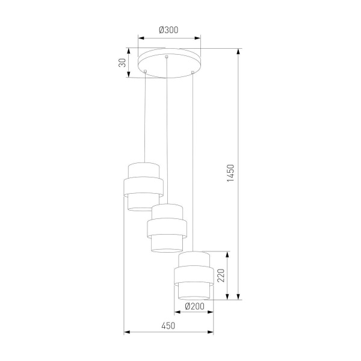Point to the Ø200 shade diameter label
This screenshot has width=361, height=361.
(x=193, y=306)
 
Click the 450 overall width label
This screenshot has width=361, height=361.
(x=168, y=326)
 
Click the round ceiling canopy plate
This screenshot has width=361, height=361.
(x=168, y=63)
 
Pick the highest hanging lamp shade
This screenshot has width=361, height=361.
(x=144, y=187)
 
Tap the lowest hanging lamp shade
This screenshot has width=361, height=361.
(x=193, y=275)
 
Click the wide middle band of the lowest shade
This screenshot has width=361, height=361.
(x=193, y=276)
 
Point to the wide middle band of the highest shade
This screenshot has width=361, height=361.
(x=144, y=187)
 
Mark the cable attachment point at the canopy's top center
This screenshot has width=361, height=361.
(x=167, y=57)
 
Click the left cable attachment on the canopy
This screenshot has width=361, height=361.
(x=145, y=72)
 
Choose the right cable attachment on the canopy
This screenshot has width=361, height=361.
(x=192, y=73)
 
